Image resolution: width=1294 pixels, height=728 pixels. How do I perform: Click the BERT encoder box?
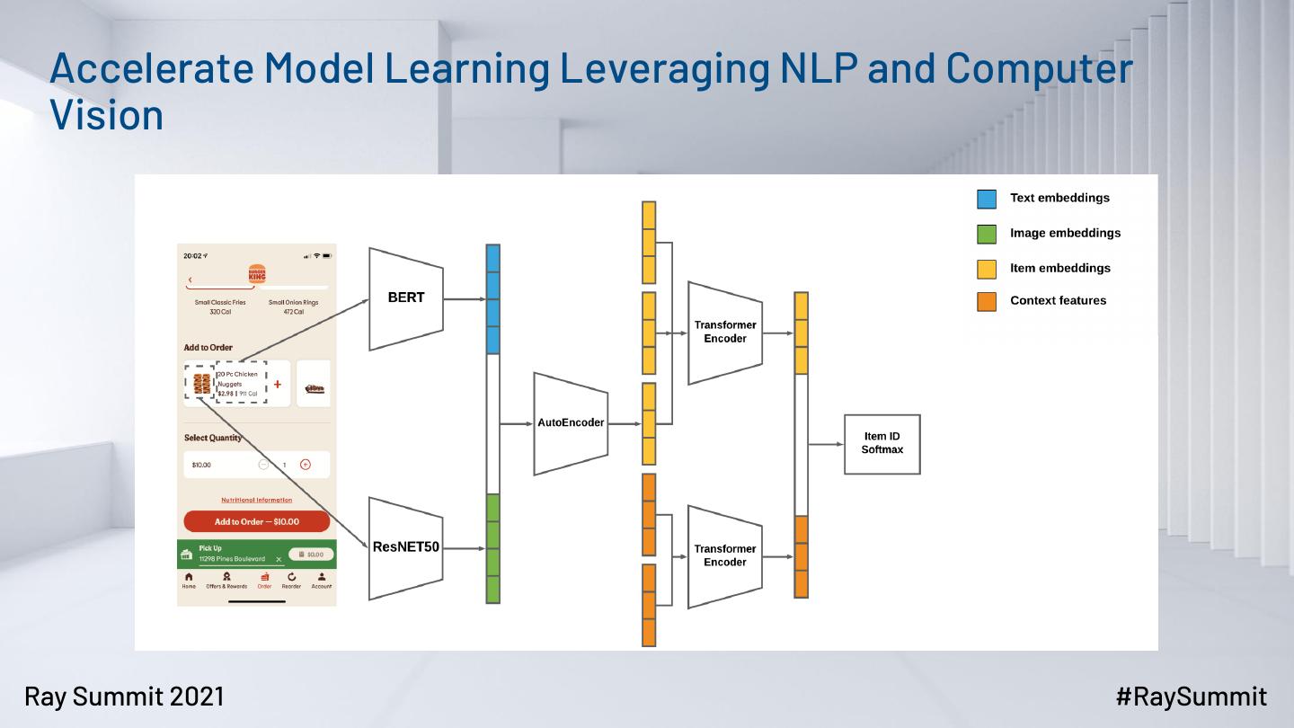pos(406,299)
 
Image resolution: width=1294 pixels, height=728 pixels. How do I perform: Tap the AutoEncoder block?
pos(571,422)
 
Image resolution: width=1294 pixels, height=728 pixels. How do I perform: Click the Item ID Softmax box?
pos(882,443)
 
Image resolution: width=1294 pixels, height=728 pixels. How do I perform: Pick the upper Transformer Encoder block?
pos(725,332)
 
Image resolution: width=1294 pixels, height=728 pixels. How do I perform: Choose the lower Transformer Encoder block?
pos(725,555)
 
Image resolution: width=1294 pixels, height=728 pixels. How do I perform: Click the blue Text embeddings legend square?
pos(987,199)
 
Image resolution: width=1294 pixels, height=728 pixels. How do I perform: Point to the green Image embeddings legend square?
pos(987,234)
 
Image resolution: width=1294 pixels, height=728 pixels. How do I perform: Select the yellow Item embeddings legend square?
pos(987,268)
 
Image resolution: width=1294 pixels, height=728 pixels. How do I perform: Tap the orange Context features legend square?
pos(987,301)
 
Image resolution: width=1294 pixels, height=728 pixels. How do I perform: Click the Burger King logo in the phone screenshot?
pos(257,273)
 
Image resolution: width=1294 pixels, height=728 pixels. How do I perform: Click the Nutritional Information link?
pos(256,500)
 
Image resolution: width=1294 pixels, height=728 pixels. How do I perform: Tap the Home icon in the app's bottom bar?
pos(189,577)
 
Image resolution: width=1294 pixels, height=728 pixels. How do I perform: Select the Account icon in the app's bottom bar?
pos(321,577)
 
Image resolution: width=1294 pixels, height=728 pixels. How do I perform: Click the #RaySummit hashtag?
pos(1192,696)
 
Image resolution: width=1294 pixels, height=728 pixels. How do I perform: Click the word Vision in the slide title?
pos(107,115)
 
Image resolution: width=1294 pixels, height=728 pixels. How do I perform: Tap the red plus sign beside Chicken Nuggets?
pos(278,384)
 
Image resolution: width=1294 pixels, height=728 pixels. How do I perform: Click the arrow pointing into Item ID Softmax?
pos(827,443)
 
